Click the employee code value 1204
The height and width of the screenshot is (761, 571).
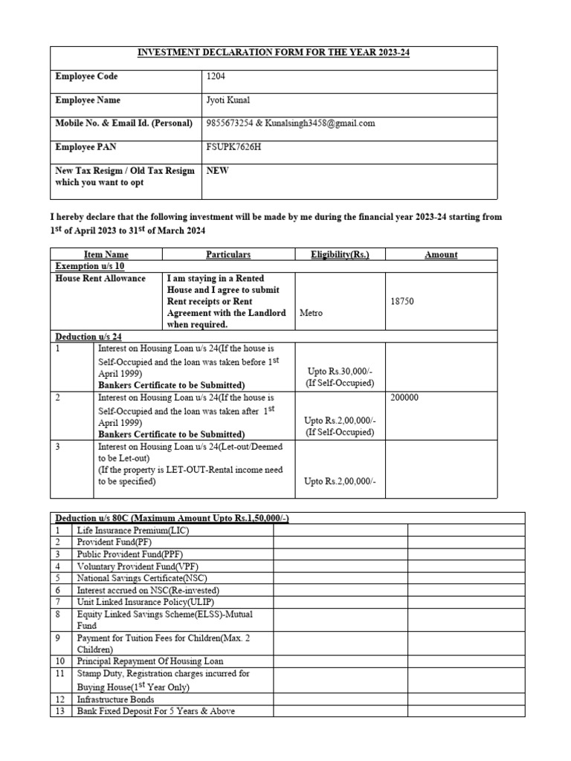[216, 77]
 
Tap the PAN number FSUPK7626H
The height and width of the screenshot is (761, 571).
[233, 147]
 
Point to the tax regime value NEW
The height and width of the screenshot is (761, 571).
[217, 170]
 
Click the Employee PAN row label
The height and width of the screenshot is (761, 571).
[88, 147]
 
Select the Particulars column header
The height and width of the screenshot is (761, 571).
[228, 254]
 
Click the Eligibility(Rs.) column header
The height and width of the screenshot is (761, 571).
[340, 254]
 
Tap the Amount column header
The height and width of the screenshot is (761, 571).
[441, 254]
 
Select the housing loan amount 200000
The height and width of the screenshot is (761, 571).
[404, 398]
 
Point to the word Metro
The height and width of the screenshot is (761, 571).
[311, 314]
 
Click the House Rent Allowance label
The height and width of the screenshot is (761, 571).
[100, 279]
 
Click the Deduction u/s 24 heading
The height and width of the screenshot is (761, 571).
[88, 337]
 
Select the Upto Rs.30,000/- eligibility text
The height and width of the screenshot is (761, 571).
[340, 370]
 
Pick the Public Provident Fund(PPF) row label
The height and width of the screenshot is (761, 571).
[130, 554]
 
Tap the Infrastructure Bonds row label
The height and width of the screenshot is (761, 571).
[116, 699]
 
